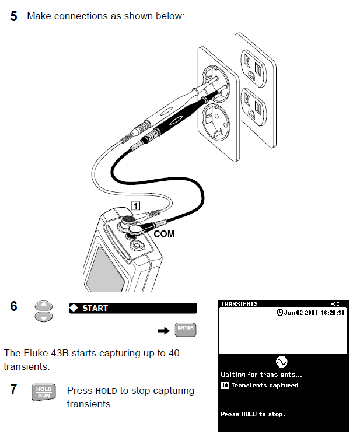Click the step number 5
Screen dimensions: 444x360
[x=14, y=16]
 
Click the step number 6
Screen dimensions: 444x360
[x=14, y=306]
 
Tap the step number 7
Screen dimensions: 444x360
[x=14, y=389]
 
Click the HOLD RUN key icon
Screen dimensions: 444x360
[x=44, y=392]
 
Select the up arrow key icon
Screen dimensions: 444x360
[x=44, y=306]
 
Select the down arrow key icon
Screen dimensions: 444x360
[x=44, y=316]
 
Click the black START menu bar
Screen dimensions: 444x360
[x=132, y=308]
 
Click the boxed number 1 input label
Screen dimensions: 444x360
[x=135, y=205]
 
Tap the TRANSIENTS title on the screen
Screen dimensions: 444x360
[x=239, y=304]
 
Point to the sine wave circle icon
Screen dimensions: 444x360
[x=282, y=362]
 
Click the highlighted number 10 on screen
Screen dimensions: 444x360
[x=224, y=386]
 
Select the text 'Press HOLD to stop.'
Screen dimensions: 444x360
[x=252, y=414]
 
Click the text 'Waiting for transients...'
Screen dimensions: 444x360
[x=261, y=375]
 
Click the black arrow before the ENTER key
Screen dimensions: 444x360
[x=163, y=331]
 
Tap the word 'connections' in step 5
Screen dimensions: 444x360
[x=79, y=16]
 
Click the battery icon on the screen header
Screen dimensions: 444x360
[x=334, y=304]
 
